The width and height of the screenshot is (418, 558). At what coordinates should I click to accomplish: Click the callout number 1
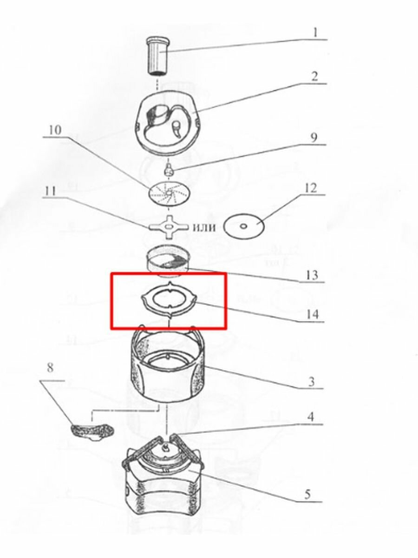[315, 33]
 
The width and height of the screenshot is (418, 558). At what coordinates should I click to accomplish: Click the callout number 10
[55, 130]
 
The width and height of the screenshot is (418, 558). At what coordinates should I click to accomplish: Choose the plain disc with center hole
[244, 226]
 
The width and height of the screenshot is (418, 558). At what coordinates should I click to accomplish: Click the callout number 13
[312, 275]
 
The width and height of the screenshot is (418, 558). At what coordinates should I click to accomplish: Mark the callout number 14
[312, 315]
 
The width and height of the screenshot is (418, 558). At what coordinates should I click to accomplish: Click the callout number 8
[50, 368]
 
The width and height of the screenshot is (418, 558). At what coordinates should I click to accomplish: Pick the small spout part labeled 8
[92, 430]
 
